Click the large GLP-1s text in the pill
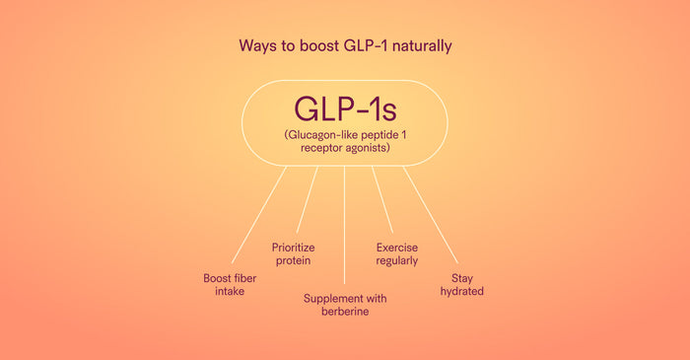click(344, 107)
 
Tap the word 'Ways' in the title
click(257, 45)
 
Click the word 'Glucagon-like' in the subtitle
click(319, 132)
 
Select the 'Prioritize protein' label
click(292, 253)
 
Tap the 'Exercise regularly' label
click(397, 253)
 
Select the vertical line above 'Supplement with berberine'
click(344, 227)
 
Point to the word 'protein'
click(292, 260)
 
